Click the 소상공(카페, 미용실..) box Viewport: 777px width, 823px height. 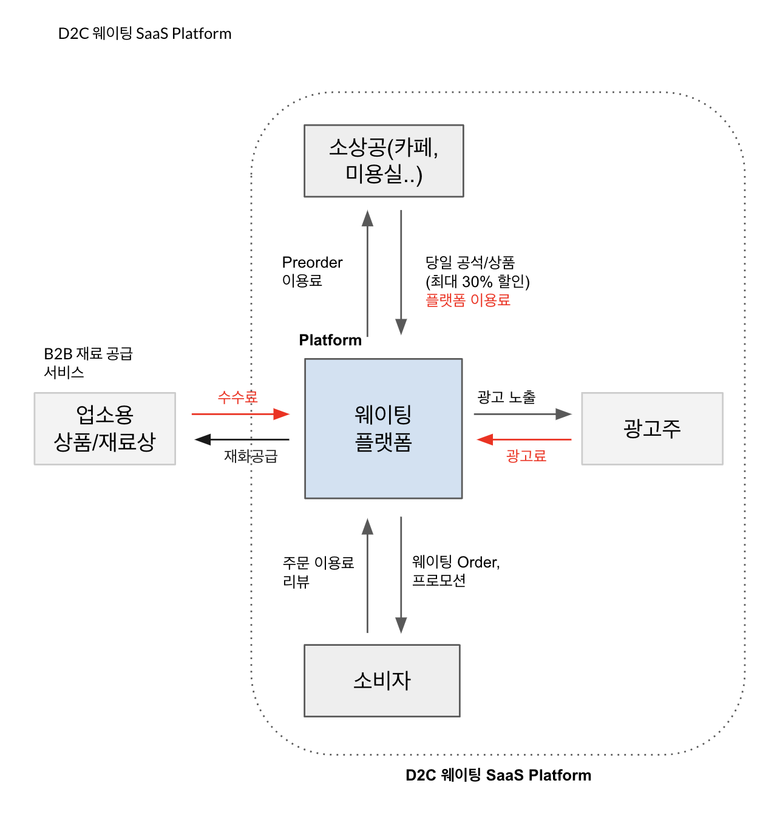click(384, 161)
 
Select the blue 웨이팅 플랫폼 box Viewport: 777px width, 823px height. click(384, 428)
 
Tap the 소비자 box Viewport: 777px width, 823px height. click(382, 680)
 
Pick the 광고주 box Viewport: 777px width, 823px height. click(652, 428)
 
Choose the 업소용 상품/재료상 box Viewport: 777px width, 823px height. click(105, 428)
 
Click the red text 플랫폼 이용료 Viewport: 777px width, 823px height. click(467, 300)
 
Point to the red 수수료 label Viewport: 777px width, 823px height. click(238, 397)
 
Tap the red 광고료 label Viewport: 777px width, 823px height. click(526, 456)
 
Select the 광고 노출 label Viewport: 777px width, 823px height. click(506, 397)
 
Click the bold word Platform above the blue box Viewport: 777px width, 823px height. click(330, 340)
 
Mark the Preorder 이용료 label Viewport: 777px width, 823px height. click(312, 271)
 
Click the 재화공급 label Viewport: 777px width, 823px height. click(251, 456)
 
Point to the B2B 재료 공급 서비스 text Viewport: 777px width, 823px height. click(88, 362)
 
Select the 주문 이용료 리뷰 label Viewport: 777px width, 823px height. click(318, 572)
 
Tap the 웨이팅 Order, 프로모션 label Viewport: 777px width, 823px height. click(455, 571)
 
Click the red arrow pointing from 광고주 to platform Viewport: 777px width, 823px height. click(524, 439)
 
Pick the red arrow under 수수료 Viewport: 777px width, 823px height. click(240, 414)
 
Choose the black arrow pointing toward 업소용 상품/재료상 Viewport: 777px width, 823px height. click(242, 439)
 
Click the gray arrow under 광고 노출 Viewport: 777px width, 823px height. click(523, 414)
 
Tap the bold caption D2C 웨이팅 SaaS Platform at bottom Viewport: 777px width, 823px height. click(498, 775)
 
